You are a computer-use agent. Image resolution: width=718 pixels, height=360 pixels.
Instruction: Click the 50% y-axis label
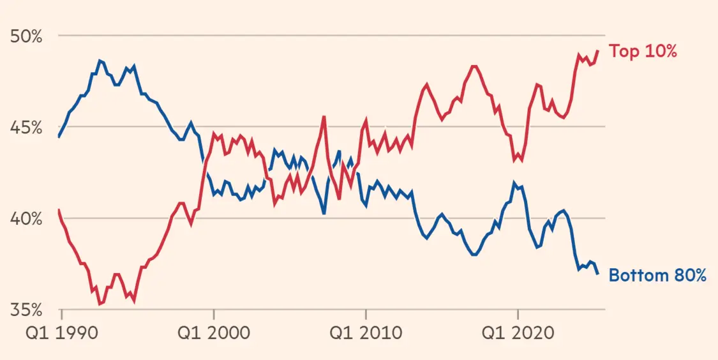[x=26, y=36]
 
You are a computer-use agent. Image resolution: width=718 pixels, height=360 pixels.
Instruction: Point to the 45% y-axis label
[x=26, y=128]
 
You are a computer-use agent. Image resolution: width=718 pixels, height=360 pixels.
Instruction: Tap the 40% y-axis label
[x=26, y=219]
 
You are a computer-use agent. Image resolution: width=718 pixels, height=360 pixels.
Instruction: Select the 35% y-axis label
[x=26, y=310]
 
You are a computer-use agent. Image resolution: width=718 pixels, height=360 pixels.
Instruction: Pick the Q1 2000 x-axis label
[x=214, y=333]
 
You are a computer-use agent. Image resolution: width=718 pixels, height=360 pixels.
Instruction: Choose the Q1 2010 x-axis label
[x=366, y=333]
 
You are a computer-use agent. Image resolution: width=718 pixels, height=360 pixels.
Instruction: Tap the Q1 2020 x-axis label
[x=518, y=333]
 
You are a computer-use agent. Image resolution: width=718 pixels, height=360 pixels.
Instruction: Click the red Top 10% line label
[x=642, y=52]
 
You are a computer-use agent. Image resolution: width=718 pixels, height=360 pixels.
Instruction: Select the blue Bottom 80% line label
[x=657, y=276]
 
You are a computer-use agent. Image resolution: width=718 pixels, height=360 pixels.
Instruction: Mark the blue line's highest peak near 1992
[x=100, y=61]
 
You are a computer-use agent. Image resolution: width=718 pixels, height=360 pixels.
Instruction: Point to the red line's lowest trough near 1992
[x=100, y=304]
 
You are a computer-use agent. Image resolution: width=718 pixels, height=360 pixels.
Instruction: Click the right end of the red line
[x=598, y=51]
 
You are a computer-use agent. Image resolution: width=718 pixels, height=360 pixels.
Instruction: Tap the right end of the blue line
[x=598, y=274]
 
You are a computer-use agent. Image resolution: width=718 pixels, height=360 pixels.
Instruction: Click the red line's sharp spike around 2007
[x=324, y=117]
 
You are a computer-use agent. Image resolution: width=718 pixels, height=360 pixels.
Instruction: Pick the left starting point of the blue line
[x=59, y=137]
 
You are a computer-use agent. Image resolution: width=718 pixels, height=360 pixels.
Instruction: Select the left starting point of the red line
[x=59, y=210]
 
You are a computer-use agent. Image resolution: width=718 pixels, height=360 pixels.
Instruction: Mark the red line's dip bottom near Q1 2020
[x=514, y=160]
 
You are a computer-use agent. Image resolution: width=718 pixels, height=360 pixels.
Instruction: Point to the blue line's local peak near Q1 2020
[x=514, y=183]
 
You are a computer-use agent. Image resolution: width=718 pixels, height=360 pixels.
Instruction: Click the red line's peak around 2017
[x=474, y=66]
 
